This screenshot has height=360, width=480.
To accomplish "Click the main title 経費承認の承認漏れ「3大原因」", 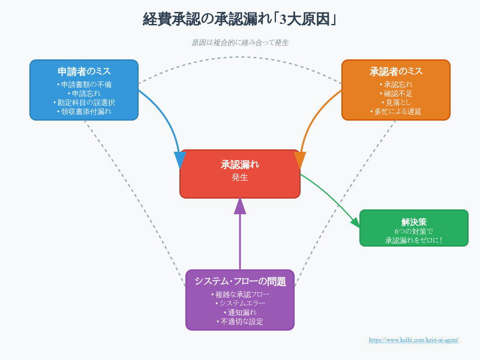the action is point(239,19).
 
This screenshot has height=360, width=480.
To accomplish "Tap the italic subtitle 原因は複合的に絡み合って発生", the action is point(240,43).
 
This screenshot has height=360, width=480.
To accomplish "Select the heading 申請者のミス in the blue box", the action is point(84,71).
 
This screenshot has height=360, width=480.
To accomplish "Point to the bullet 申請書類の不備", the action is point(84,85).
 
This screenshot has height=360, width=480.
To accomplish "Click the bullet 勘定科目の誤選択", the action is point(84,103).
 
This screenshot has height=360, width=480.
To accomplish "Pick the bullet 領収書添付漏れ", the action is point(84,112).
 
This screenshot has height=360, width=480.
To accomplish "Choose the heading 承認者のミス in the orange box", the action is point(396,71).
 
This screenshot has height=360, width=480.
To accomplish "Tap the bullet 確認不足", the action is point(396,94).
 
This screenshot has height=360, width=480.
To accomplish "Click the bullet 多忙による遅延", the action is point(396,112).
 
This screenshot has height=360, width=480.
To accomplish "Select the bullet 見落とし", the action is point(396,103).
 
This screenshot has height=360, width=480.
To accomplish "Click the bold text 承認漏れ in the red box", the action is point(240,164).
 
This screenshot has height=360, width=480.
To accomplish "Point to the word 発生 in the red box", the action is point(240,177).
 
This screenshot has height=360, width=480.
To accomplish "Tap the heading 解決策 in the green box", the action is point(414,222).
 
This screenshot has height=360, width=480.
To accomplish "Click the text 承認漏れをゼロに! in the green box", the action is point(414,241).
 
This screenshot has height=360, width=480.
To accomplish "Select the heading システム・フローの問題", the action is point(241,281).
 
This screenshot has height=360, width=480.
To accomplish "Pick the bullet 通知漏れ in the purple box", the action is point(241,313).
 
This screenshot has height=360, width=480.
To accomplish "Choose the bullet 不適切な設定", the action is point(241,322).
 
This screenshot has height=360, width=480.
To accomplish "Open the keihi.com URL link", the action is point(414,340).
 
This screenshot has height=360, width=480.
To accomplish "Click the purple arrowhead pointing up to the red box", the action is point(240,206).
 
